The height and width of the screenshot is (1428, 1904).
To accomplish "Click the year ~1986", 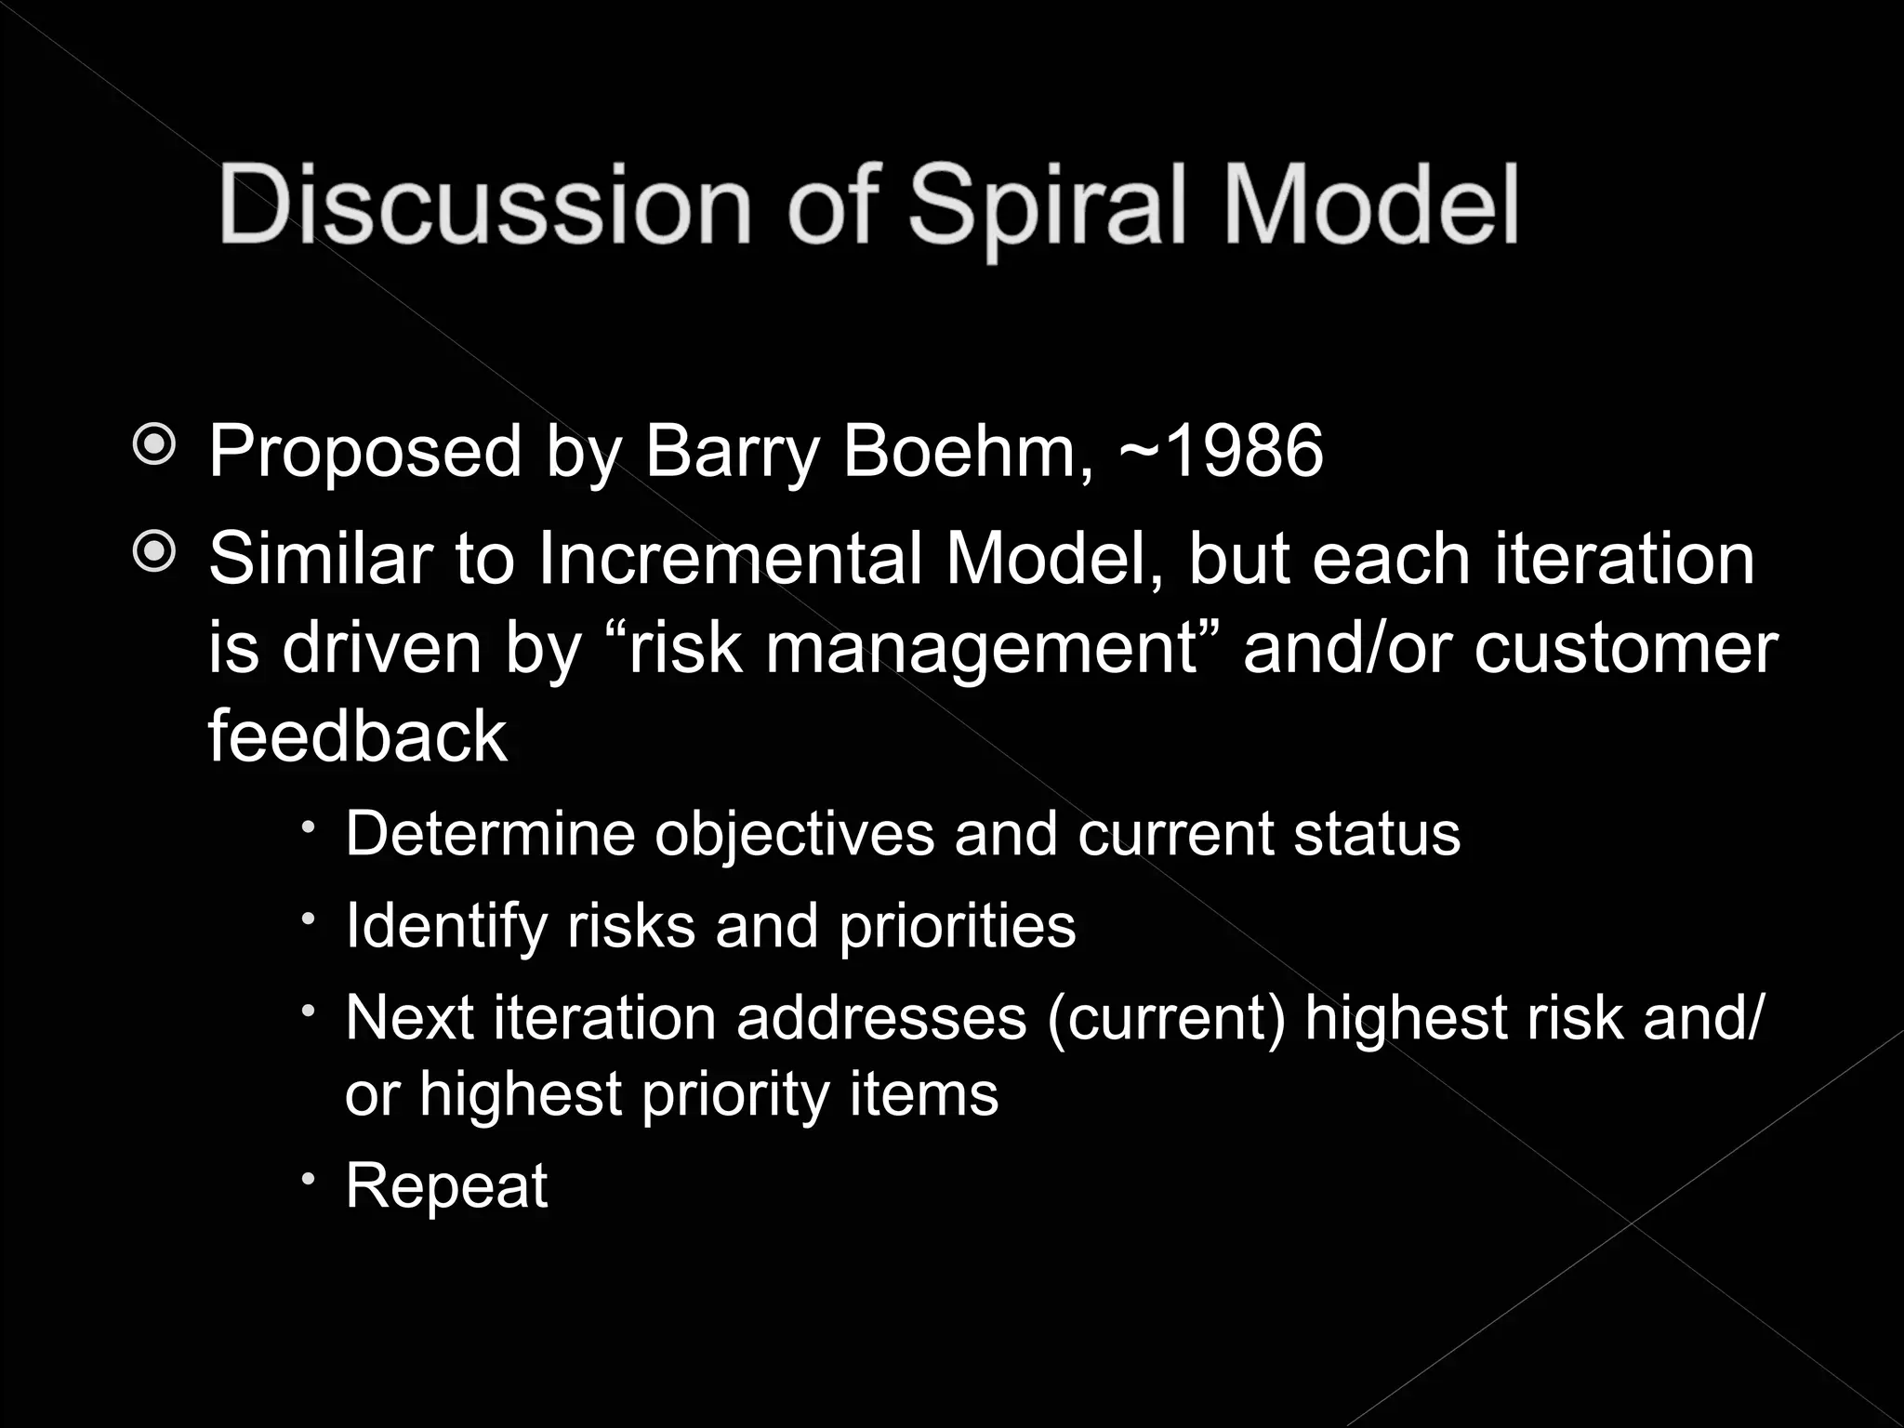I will click(x=1221, y=451).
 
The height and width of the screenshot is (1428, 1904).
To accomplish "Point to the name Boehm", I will click(x=968, y=451).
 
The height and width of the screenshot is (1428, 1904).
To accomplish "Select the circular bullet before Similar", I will click(x=154, y=554).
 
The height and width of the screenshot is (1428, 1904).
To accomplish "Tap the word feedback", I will click(x=357, y=735).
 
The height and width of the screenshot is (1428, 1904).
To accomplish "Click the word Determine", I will click(x=490, y=833).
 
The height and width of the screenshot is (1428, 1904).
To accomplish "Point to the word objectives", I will click(x=794, y=835).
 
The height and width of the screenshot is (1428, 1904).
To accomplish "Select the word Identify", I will click(x=446, y=927).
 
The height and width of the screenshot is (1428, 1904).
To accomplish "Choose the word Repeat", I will click(x=446, y=1187).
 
